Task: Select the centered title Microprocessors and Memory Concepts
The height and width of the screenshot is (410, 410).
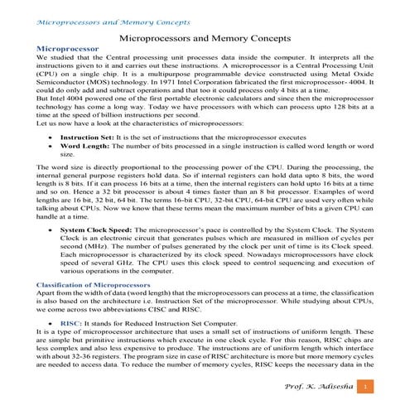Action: (x=204, y=38)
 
